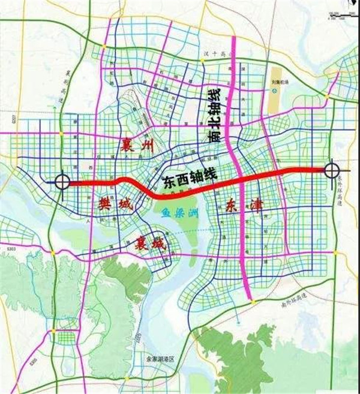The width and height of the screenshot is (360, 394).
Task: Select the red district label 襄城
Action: click(x=145, y=244)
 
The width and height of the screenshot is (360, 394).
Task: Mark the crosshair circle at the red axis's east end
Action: click(x=332, y=170)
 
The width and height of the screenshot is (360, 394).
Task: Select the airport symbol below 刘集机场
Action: click(x=274, y=91)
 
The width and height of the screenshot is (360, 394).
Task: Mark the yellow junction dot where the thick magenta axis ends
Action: click(x=254, y=301)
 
